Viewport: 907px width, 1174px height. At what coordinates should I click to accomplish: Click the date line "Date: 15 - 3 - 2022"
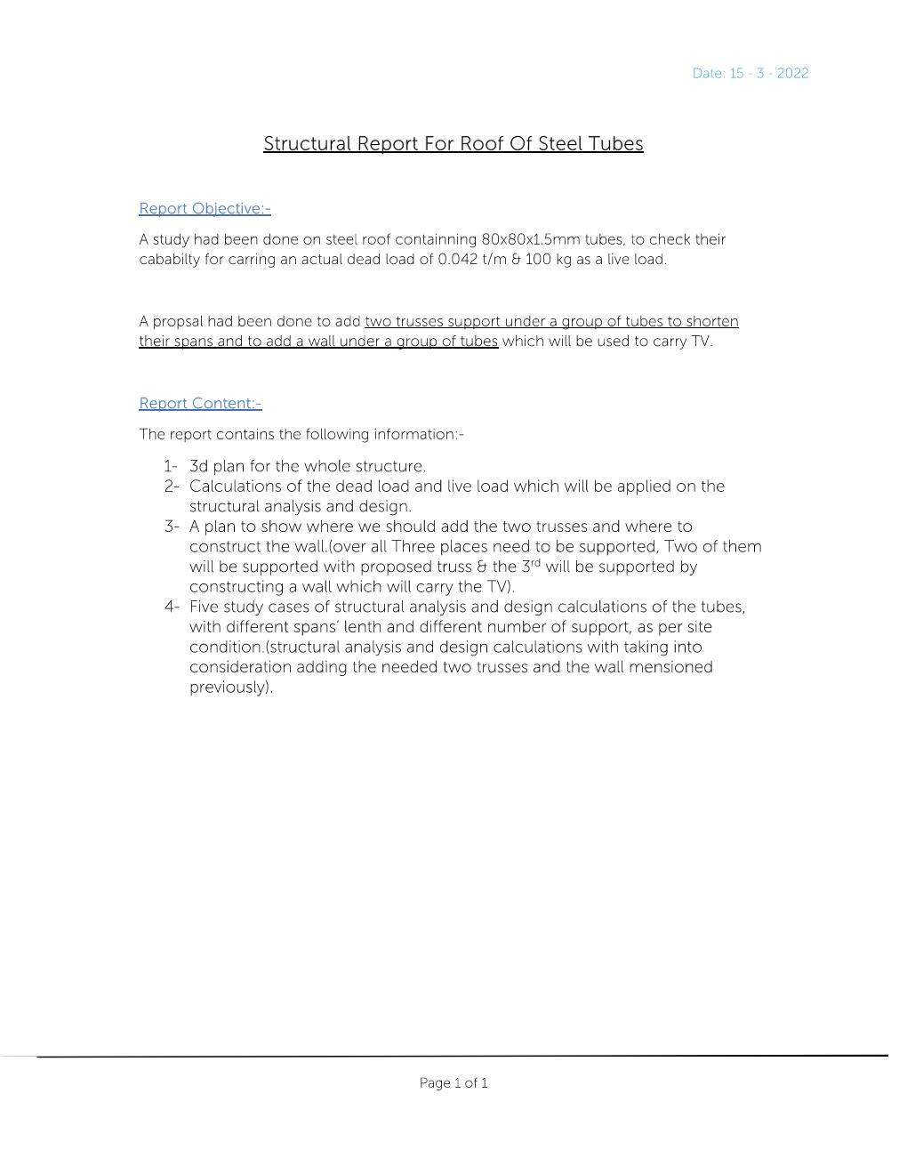[x=750, y=73]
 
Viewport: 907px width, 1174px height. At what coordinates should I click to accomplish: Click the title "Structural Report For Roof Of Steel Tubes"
[x=453, y=144]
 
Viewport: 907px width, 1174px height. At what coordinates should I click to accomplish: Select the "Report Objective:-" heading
[x=205, y=208]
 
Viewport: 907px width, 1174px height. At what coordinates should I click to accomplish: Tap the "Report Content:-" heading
[x=200, y=403]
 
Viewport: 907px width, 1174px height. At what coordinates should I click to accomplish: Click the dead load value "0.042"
[x=459, y=260]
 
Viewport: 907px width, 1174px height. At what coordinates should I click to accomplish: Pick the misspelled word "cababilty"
[x=170, y=260]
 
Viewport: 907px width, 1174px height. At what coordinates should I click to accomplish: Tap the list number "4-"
[x=171, y=607]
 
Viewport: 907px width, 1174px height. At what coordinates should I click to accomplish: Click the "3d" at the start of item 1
[x=198, y=466]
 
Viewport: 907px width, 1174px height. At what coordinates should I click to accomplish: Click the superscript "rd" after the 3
[x=536, y=562]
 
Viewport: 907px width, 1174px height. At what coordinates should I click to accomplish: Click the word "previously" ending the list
[x=228, y=688]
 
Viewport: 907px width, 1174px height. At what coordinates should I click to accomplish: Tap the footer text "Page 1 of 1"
[x=453, y=1082]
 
